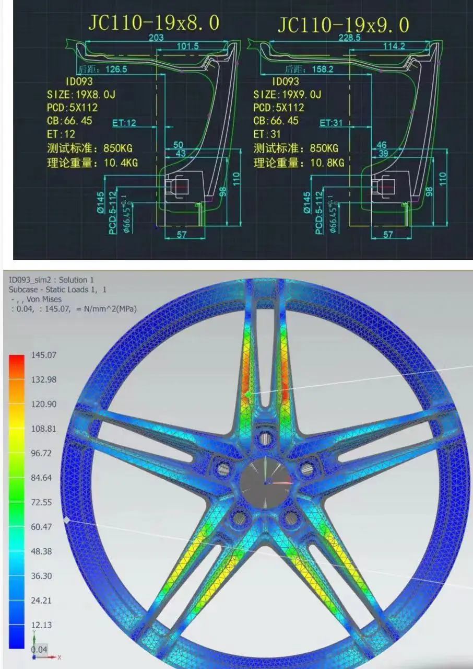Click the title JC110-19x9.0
click(x=343, y=24)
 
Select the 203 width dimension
click(x=156, y=37)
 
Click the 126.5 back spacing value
click(x=116, y=69)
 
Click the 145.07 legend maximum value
click(x=44, y=355)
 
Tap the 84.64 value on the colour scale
click(x=41, y=477)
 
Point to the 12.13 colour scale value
click(x=41, y=625)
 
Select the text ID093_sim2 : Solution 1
click(x=51, y=280)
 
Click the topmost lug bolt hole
click(x=266, y=438)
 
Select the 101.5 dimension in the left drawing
click(x=188, y=46)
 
